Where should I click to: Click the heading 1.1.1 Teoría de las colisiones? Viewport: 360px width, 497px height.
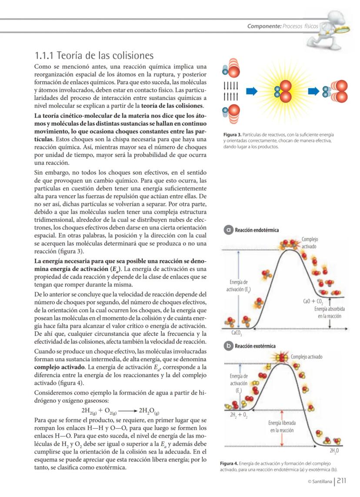(x=94, y=56)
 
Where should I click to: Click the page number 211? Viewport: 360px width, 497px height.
(x=342, y=480)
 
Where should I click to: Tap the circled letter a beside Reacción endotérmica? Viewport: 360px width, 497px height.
(x=228, y=230)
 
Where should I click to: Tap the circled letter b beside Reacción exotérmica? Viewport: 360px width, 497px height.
(x=228, y=346)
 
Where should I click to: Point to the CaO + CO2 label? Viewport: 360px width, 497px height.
(x=313, y=301)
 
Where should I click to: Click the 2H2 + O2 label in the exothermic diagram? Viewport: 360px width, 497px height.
(x=238, y=416)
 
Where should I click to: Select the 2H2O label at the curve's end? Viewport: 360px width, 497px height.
(x=334, y=451)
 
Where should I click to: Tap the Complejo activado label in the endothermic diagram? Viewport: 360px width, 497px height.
(x=310, y=243)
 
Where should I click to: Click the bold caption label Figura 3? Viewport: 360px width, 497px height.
(x=230, y=135)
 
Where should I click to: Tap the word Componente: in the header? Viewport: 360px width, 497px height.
(x=264, y=26)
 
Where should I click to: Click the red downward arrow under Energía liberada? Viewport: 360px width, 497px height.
(x=283, y=439)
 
